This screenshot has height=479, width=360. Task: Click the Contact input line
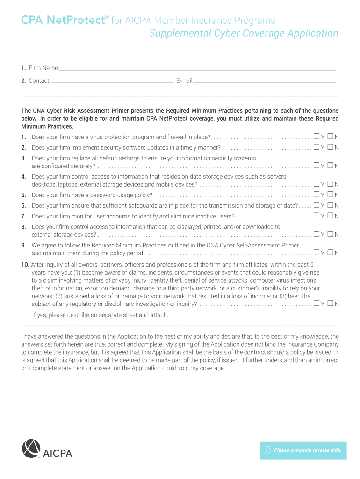112,81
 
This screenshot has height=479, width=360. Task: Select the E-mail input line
265,81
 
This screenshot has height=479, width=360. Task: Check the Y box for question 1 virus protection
317,137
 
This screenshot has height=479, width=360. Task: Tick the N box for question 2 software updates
331,147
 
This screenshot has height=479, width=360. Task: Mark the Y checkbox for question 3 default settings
317,165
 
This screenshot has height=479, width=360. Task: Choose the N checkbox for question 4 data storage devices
331,184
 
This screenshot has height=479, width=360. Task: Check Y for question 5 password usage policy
317,195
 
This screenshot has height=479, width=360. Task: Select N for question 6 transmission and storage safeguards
331,205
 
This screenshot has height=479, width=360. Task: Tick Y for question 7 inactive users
317,216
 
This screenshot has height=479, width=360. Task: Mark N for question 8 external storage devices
331,234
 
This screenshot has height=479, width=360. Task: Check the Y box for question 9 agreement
317,253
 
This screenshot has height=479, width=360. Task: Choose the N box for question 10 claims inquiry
331,303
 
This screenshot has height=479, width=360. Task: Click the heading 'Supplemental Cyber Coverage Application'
244,34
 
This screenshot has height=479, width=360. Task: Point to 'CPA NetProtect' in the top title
62,20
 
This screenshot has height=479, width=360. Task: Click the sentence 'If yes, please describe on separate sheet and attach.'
100,315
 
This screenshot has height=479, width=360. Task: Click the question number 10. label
25,264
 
